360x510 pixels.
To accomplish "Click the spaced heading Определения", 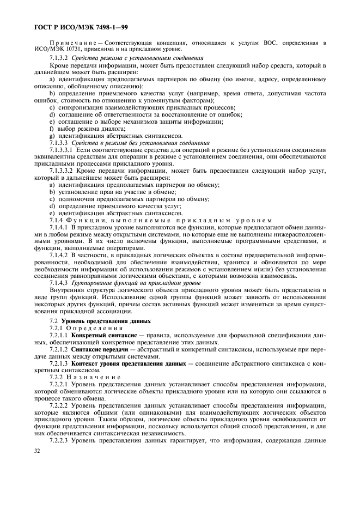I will point(96,329).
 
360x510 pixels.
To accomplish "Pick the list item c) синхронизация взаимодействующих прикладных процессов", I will point(142,107).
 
